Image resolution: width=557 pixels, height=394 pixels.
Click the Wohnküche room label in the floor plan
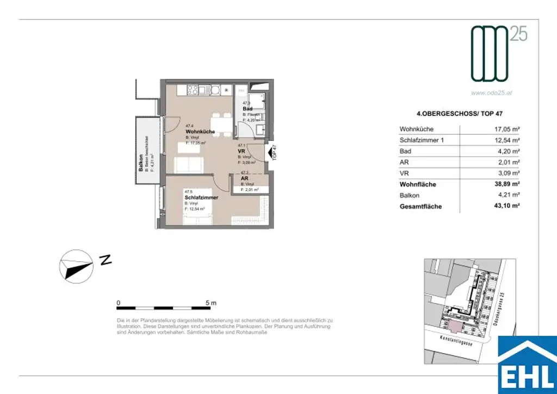[x=200, y=132]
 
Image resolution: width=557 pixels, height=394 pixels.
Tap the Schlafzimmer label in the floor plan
[x=201, y=198]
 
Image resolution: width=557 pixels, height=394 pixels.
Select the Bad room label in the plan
[x=247, y=109]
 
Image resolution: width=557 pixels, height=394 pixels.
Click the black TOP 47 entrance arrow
[x=268, y=153]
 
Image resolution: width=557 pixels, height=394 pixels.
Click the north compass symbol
[x=76, y=266]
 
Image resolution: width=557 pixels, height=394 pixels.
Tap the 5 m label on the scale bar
[x=211, y=302]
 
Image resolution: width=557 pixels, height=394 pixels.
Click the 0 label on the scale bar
[x=119, y=302]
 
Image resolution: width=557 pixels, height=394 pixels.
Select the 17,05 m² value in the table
[x=505, y=130]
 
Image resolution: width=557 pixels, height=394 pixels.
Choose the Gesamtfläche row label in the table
[x=420, y=207]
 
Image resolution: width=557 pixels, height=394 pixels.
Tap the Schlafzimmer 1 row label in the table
[x=422, y=140]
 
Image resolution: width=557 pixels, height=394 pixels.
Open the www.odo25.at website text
[x=491, y=93]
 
